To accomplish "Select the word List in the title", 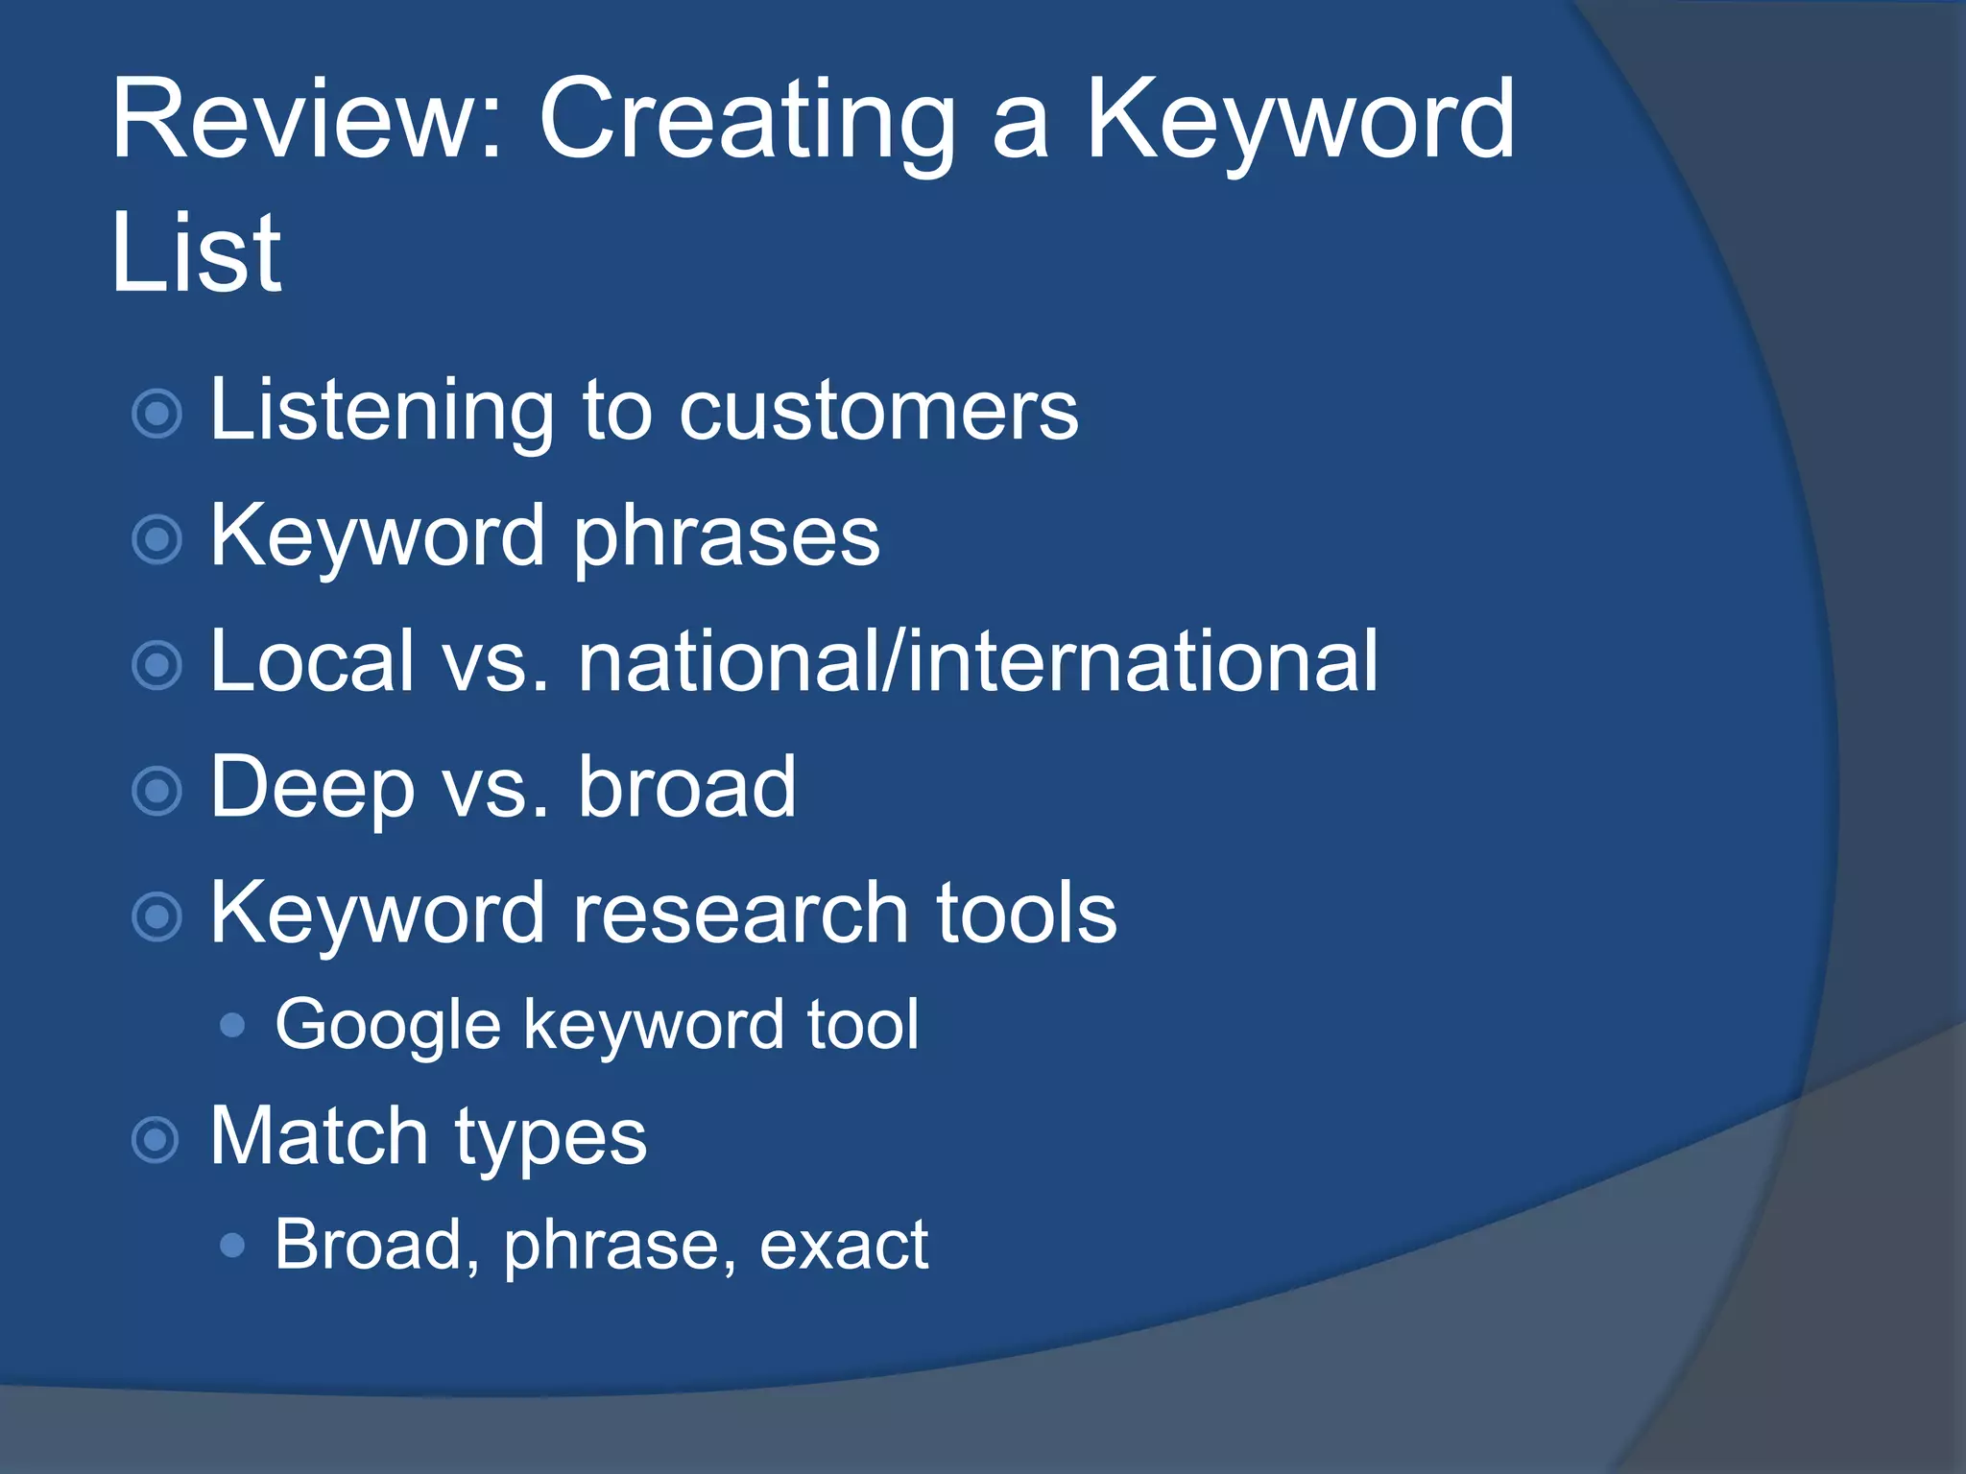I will click(x=196, y=253).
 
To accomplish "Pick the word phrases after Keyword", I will click(x=727, y=537).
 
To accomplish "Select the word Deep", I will click(x=313, y=789).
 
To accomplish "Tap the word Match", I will click(x=318, y=1136).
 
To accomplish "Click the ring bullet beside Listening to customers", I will click(x=156, y=415).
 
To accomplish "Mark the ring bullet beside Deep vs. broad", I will click(x=156, y=792).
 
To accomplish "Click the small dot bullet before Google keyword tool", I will click(x=232, y=1026).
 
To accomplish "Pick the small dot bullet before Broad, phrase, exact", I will click(x=232, y=1246).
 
